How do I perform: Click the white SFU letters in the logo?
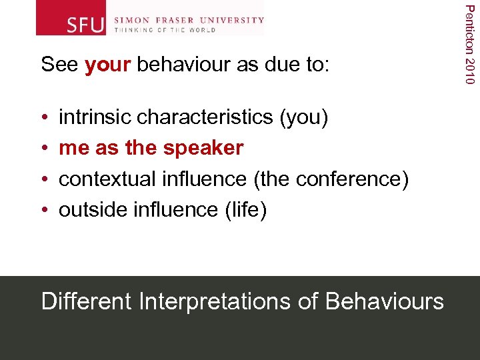[x=86, y=25]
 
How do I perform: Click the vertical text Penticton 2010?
[x=470, y=44]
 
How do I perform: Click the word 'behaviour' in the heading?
[x=179, y=65]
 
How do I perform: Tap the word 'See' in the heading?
[x=60, y=65]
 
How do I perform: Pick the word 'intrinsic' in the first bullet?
[x=95, y=117]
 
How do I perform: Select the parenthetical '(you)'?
[x=304, y=118]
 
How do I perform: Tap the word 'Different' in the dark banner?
[x=87, y=301]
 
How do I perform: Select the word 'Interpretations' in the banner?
[x=215, y=302]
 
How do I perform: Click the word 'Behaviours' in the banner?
[x=385, y=301]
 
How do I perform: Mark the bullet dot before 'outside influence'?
[x=45, y=210]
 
